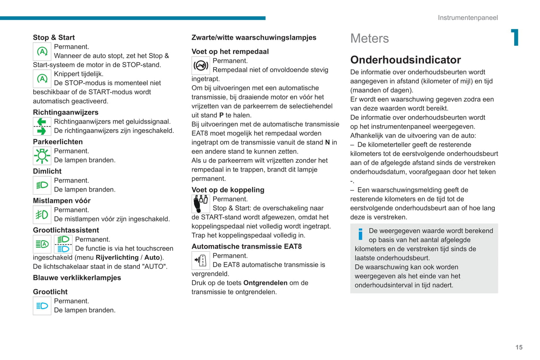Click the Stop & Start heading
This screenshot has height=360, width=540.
(x=54, y=37)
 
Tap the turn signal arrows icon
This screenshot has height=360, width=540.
(x=42, y=126)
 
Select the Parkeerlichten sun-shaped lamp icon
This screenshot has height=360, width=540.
(x=42, y=156)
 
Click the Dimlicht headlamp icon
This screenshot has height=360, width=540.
(x=42, y=185)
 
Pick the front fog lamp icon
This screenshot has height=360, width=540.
(x=42, y=215)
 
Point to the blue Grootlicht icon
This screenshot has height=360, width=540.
(x=42, y=306)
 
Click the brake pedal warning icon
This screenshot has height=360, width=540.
(x=201, y=66)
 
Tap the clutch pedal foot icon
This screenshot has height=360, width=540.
(x=201, y=204)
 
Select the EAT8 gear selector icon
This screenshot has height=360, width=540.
(x=201, y=260)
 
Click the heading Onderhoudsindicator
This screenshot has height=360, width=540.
(x=405, y=60)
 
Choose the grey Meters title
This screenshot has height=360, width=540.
(x=369, y=38)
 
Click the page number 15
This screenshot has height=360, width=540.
(x=519, y=347)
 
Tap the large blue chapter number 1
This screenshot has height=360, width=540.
(x=515, y=37)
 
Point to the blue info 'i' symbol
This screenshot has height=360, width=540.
(x=360, y=234)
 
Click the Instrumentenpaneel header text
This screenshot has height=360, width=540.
(x=468, y=18)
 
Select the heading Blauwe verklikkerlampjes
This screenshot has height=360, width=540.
(x=77, y=278)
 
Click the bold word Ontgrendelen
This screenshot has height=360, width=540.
(x=265, y=283)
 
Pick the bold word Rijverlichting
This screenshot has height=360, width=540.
(x=117, y=258)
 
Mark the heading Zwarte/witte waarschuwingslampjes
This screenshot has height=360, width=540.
(x=254, y=37)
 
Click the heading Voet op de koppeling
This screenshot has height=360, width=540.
(x=228, y=190)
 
